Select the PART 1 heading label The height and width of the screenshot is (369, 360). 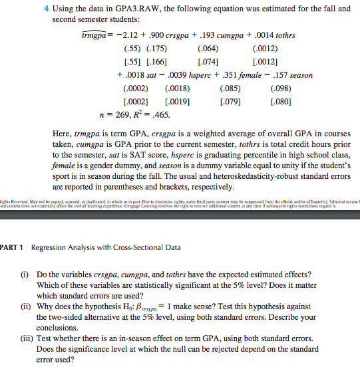click(x=12, y=248)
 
